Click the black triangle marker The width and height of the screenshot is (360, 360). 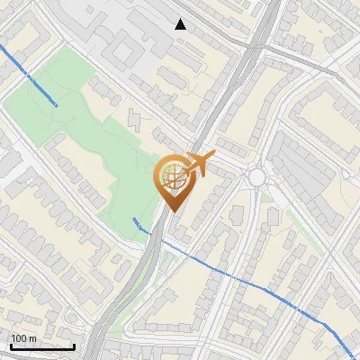[x=181, y=24]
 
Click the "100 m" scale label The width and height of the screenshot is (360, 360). [x=23, y=338]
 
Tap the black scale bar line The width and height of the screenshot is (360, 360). [x=42, y=346]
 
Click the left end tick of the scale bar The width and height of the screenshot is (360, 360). [x=10, y=345]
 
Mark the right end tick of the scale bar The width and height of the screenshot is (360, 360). [x=75, y=345]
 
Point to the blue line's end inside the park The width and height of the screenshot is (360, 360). [x=58, y=105]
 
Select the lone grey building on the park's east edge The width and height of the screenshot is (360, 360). [x=135, y=118]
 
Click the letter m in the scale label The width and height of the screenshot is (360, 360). [x=31, y=338]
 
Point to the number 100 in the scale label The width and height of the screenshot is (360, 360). [x=19, y=338]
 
